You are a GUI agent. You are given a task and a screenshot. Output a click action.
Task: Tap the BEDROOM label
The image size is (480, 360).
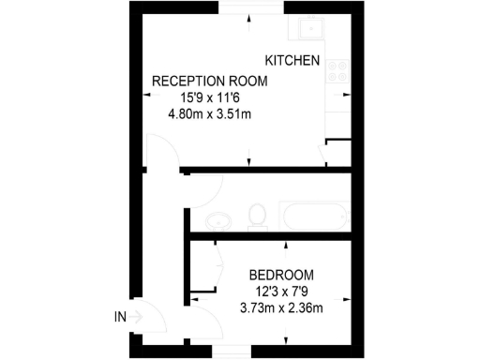(x=281, y=275)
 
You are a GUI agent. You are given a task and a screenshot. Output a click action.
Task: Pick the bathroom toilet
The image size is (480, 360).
(x=256, y=217)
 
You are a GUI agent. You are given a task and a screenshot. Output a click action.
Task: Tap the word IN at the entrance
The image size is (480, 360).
(x=119, y=318)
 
